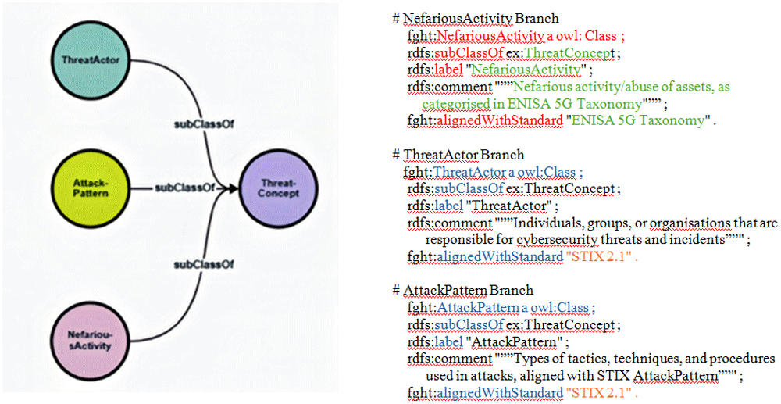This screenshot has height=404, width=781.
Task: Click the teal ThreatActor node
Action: (92, 60)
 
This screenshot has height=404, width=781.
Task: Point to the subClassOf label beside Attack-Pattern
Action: (184, 188)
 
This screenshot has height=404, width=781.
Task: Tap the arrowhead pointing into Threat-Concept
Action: (232, 188)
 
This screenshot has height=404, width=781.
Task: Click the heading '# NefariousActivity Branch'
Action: (475, 19)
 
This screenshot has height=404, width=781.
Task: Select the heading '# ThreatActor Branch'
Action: (458, 155)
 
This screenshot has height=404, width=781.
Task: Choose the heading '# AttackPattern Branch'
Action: (462, 291)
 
